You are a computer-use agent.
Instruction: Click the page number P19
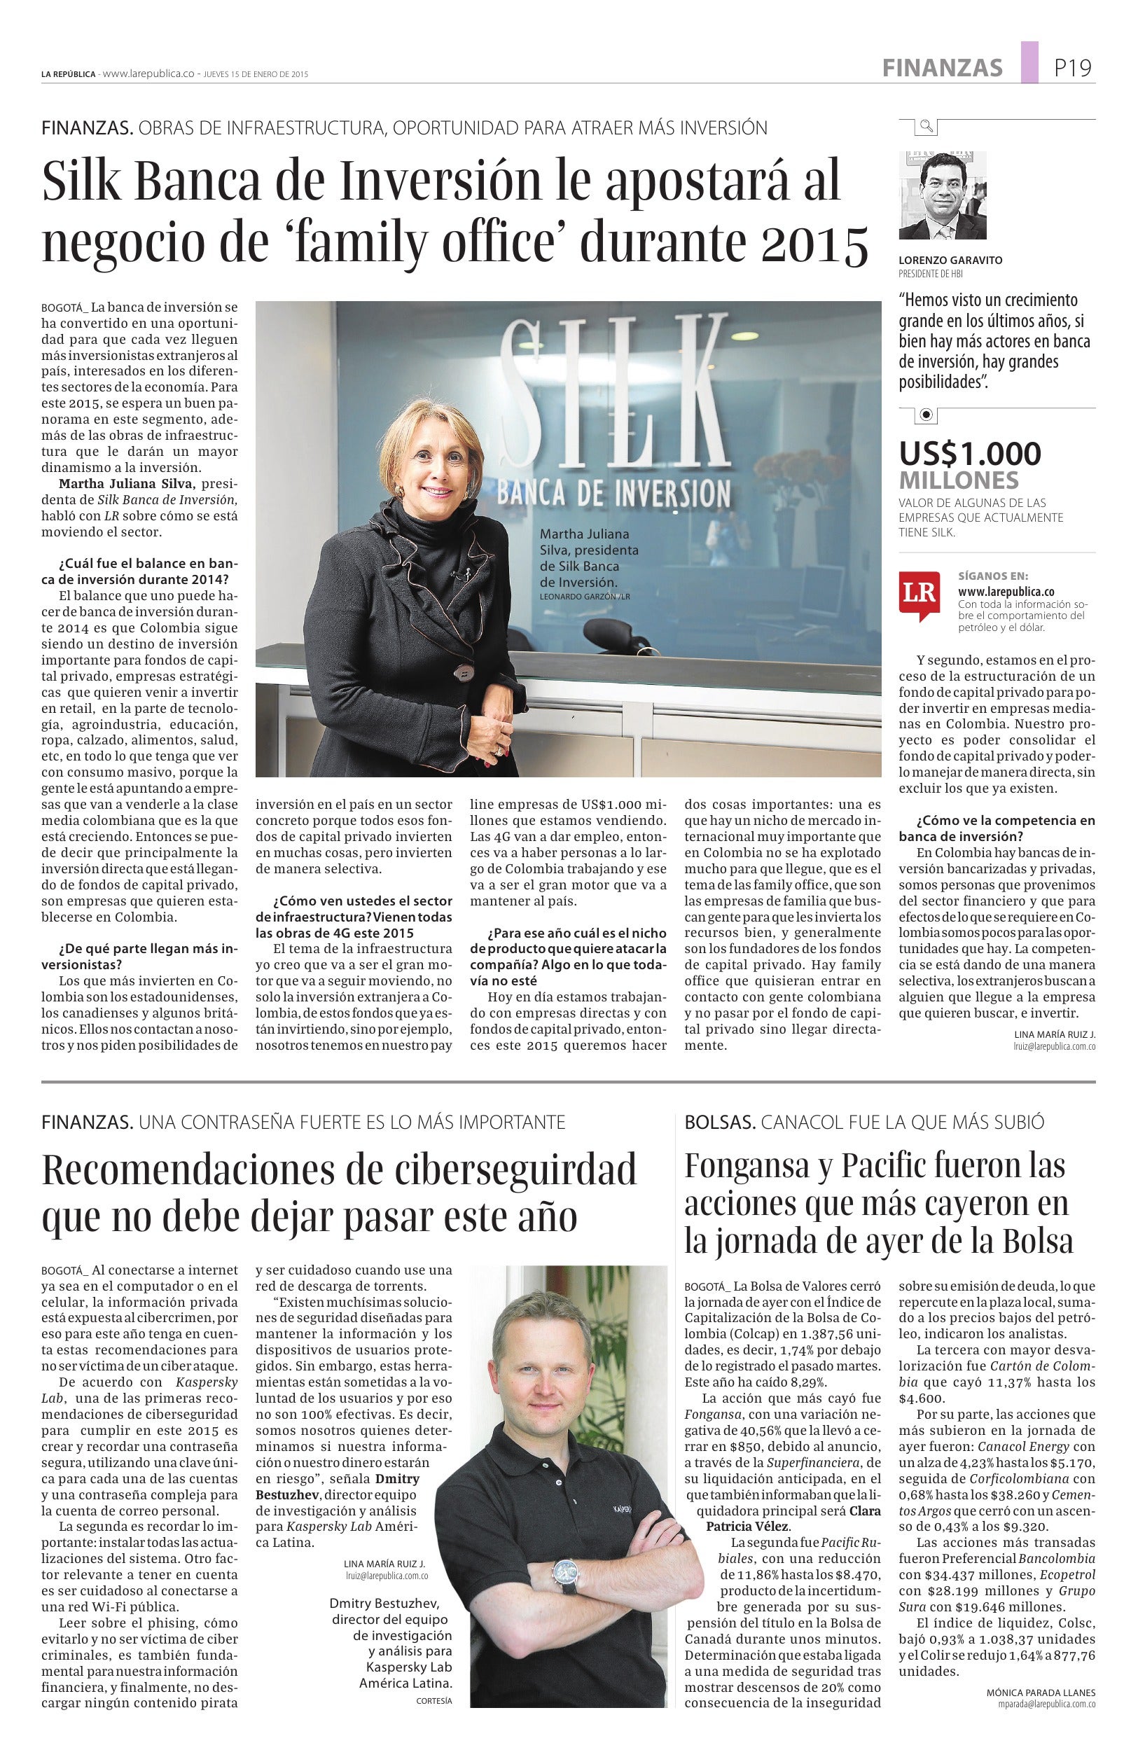point(1073,69)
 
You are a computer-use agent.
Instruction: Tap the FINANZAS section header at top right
point(943,69)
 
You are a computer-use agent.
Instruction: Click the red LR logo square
point(918,593)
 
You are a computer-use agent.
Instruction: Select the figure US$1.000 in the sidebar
point(970,453)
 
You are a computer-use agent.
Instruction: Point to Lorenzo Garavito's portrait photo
point(943,195)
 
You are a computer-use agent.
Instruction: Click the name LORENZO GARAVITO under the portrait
point(950,261)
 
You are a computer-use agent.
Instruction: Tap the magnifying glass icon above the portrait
point(927,127)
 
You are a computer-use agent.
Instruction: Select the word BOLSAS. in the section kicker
point(720,1122)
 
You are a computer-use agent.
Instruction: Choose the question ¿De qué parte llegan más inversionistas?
point(139,955)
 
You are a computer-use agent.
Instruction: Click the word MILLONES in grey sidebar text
point(959,481)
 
